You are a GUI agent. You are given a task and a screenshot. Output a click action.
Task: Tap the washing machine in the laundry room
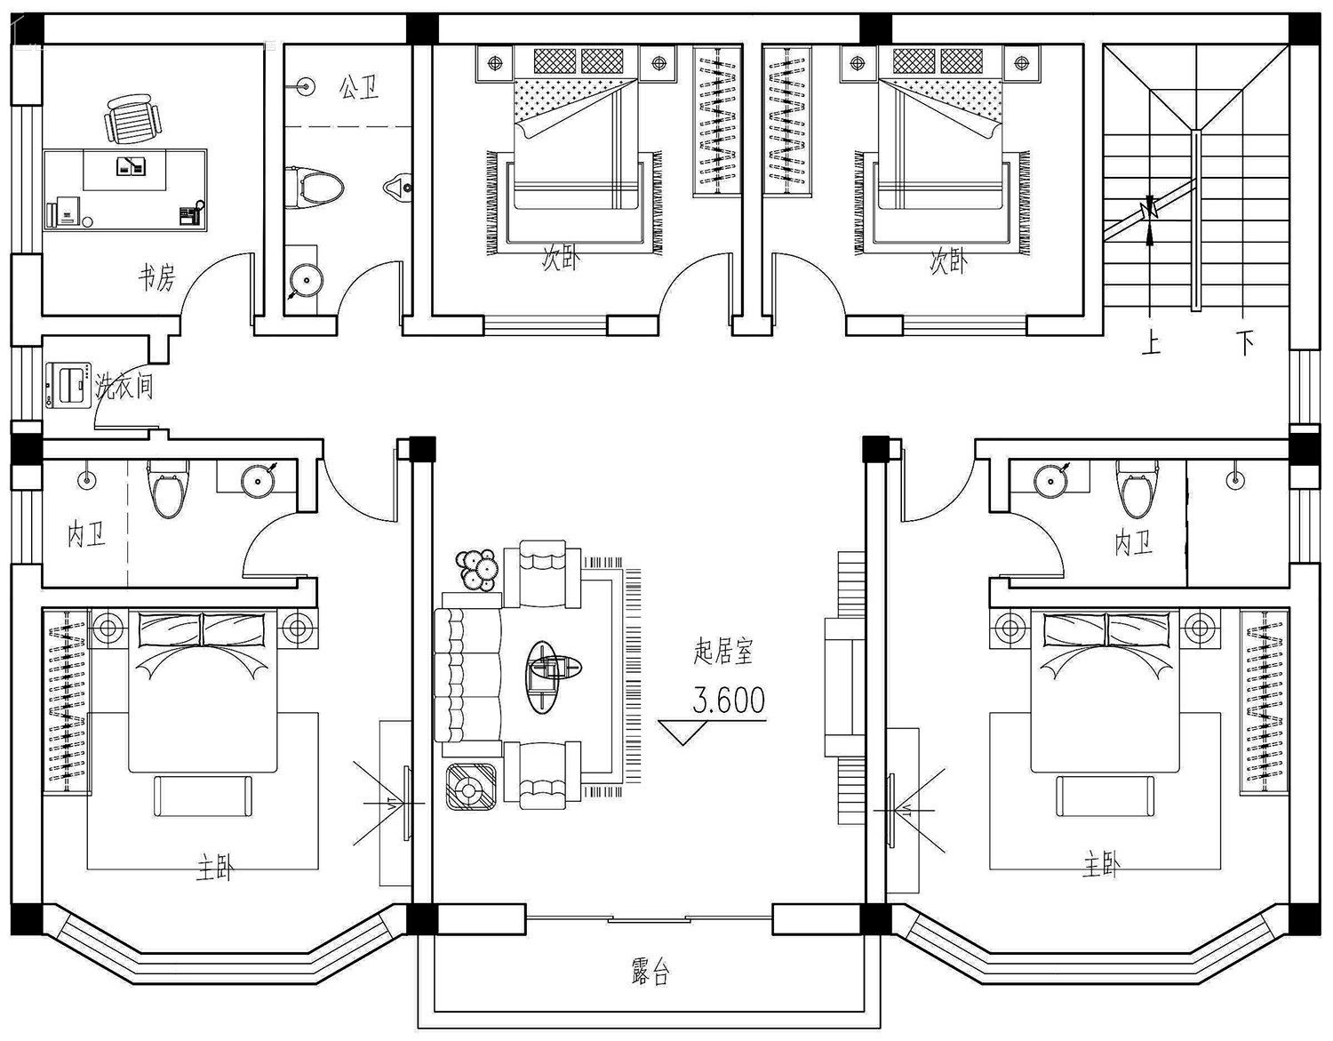pos(68,385)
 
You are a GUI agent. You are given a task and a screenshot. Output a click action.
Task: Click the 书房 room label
pos(156,277)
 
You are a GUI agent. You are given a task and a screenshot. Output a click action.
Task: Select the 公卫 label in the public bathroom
pos(360,88)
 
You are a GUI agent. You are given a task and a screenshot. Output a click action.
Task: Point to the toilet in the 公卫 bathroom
pos(314,186)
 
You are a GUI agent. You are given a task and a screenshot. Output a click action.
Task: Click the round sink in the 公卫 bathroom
pos(306,280)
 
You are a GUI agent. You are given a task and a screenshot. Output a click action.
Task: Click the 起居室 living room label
pos(723,651)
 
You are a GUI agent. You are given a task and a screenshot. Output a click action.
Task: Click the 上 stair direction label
pos(1152,343)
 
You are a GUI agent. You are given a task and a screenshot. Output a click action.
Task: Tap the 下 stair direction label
pos(1245,343)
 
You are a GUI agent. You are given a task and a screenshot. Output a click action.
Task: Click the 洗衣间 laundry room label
pos(124,387)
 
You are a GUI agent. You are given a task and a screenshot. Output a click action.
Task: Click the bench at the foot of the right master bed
pos(1105,796)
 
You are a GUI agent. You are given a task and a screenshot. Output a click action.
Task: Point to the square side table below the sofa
pos(471,787)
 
